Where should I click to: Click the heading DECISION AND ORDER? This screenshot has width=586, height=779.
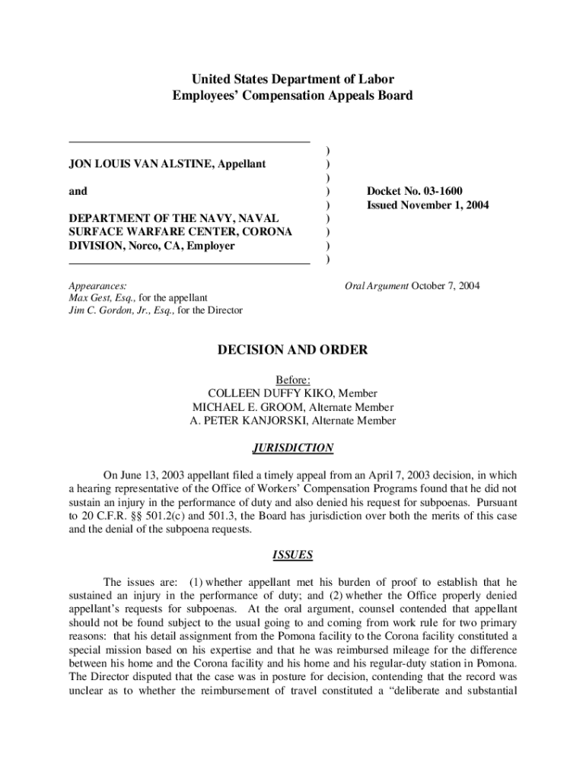coord(293,350)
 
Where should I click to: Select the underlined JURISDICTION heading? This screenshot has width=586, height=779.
coord(293,448)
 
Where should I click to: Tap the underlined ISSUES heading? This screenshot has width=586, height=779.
coord(293,555)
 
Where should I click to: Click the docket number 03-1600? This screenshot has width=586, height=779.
coord(435,191)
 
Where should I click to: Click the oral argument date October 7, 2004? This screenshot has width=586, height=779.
coord(445,285)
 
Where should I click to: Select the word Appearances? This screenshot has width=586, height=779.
coord(97,285)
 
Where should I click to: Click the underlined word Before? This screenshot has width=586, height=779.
coord(293,380)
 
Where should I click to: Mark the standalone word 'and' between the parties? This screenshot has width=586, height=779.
coord(78,191)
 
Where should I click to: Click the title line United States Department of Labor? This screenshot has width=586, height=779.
coord(293,79)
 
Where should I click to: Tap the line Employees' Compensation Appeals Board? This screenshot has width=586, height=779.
coord(293,95)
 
